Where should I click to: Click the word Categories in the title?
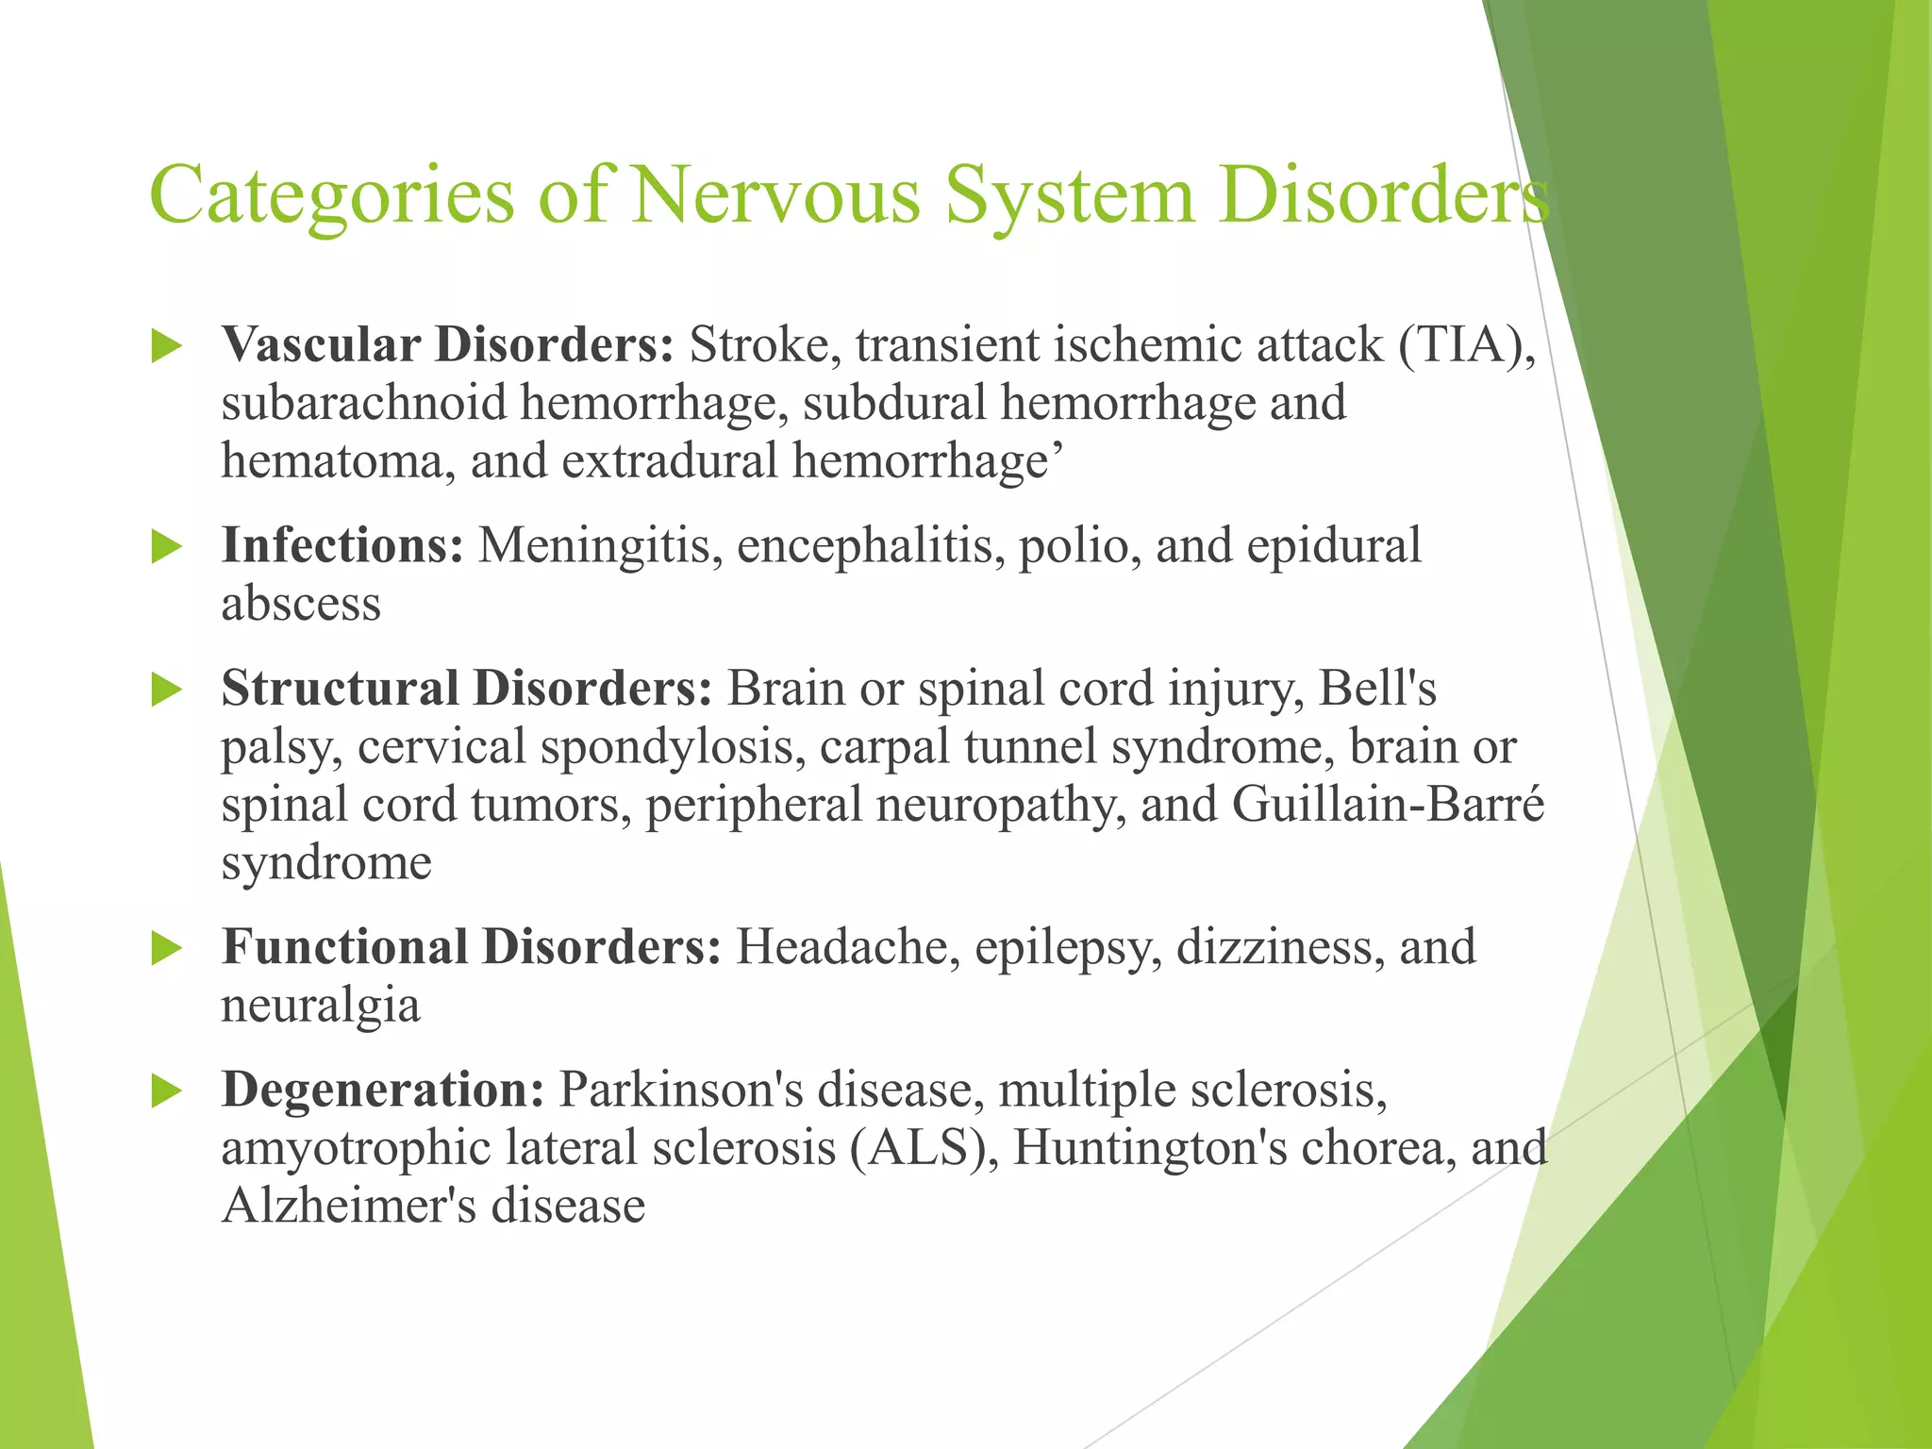[332, 195]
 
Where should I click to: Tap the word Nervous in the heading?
[775, 195]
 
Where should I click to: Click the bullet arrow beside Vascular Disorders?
[166, 346]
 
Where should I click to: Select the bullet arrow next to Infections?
[166, 547]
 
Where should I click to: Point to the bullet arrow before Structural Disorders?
[166, 690]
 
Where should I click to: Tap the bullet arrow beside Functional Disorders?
[166, 948]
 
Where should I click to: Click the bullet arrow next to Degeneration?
[166, 1091]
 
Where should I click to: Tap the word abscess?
[301, 604]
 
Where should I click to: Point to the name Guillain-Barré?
[1388, 805]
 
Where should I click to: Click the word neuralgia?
[321, 1006]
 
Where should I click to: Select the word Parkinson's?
[681, 1090]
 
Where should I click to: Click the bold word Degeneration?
[383, 1090]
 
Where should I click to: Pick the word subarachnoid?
[364, 403]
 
